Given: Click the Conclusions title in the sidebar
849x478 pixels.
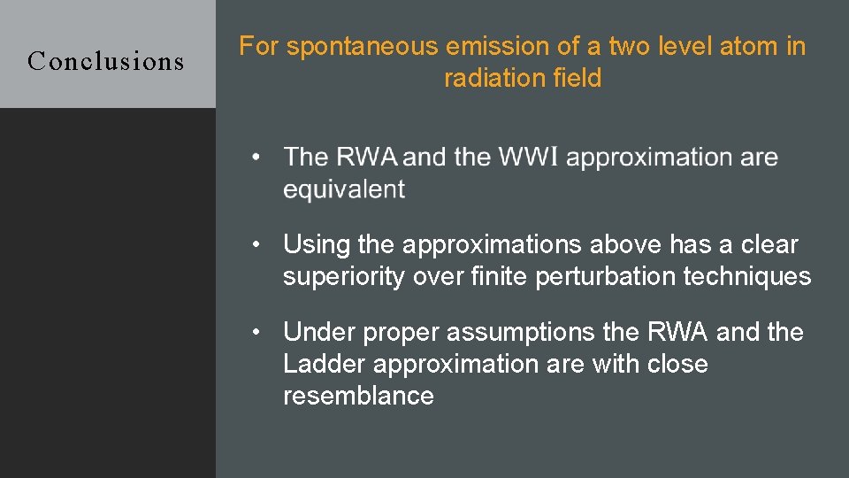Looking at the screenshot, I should [x=106, y=61].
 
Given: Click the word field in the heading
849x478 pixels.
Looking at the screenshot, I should [x=576, y=78].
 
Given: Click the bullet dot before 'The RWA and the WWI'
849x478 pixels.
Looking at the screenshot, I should [x=256, y=158].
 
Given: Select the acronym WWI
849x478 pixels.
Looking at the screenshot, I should [x=528, y=158].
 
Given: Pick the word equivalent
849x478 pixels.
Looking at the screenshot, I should [x=344, y=189].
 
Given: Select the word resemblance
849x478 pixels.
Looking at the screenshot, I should [x=358, y=396].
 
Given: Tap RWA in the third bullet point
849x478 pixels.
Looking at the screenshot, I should [x=678, y=333].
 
